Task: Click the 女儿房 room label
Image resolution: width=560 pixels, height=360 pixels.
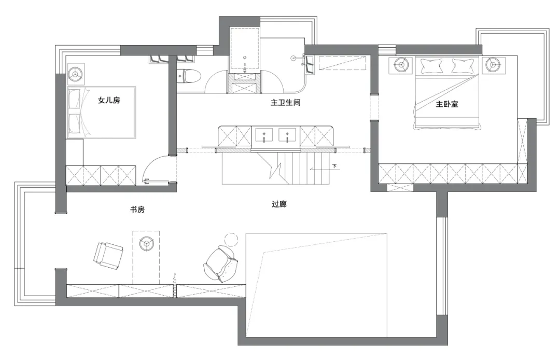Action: click(x=109, y=100)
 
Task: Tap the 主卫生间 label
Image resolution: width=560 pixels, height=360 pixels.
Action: click(x=285, y=103)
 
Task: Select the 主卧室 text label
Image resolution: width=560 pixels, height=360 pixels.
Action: click(x=447, y=104)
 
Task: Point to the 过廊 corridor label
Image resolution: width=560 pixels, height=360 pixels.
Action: click(x=279, y=204)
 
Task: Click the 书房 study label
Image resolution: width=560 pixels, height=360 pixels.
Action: click(x=137, y=210)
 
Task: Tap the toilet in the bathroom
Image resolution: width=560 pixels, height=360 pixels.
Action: click(x=189, y=76)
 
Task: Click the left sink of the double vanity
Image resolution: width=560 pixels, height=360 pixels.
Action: click(x=264, y=135)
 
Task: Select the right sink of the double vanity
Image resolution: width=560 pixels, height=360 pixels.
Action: click(x=287, y=135)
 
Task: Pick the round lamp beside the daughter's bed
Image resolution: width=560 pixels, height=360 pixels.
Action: click(x=75, y=74)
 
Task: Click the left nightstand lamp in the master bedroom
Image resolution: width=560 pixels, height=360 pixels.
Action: click(x=401, y=65)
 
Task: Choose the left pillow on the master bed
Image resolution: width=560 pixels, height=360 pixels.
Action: click(x=432, y=66)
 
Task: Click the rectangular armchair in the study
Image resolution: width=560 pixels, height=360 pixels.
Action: click(x=108, y=255)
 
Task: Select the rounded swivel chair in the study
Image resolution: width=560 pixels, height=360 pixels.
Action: click(x=220, y=264)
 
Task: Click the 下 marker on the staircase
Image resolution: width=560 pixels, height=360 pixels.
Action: click(x=334, y=166)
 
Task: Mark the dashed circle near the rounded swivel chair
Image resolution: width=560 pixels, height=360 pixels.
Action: click(x=231, y=240)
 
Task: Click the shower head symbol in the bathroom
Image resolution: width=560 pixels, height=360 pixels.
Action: click(x=293, y=57)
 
